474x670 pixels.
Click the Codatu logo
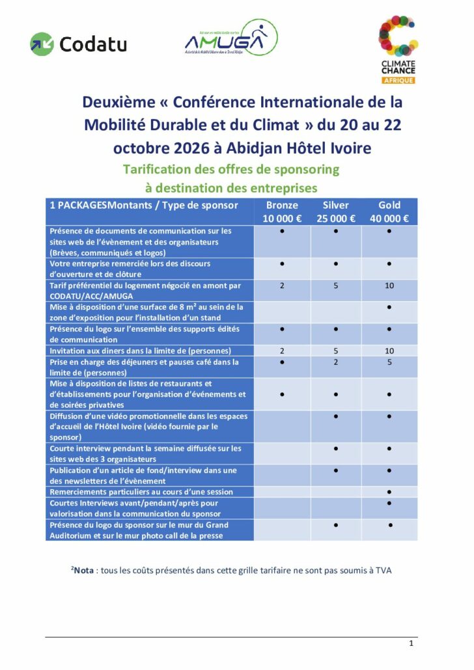click(78, 44)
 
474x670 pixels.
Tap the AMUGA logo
click(230, 38)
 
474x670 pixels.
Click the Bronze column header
click(282, 205)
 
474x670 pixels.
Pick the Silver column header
click(336, 205)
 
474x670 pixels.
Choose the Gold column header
click(389, 205)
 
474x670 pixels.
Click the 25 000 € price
click(336, 219)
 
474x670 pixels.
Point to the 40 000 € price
click(389, 219)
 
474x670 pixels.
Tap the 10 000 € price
click(282, 219)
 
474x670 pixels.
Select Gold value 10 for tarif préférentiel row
click(389, 286)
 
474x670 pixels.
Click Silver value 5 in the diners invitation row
click(336, 351)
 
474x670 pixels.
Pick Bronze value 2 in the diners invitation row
click(282, 351)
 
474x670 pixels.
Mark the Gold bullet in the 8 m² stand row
click(389, 307)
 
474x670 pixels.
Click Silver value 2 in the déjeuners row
click(336, 362)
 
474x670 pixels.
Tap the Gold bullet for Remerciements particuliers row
click(389, 492)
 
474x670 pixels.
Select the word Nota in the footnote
click(84, 570)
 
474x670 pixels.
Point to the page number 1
click(411, 643)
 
